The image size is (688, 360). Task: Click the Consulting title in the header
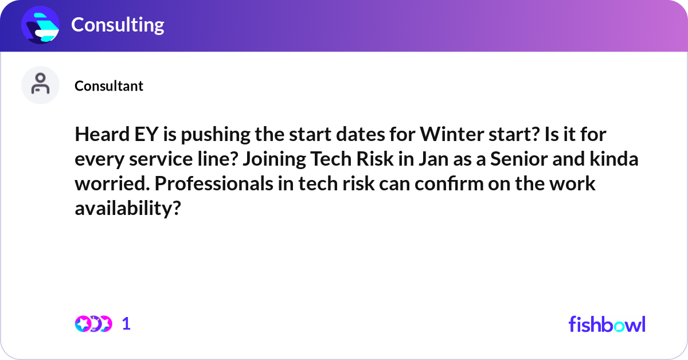tap(118, 25)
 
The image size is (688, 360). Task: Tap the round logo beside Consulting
tap(40, 25)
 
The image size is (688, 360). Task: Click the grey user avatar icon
tap(40, 85)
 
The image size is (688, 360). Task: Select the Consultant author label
tap(109, 86)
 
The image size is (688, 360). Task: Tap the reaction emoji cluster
tap(93, 324)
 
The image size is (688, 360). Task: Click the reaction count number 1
tap(127, 324)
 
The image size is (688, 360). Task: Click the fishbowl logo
tap(607, 324)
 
